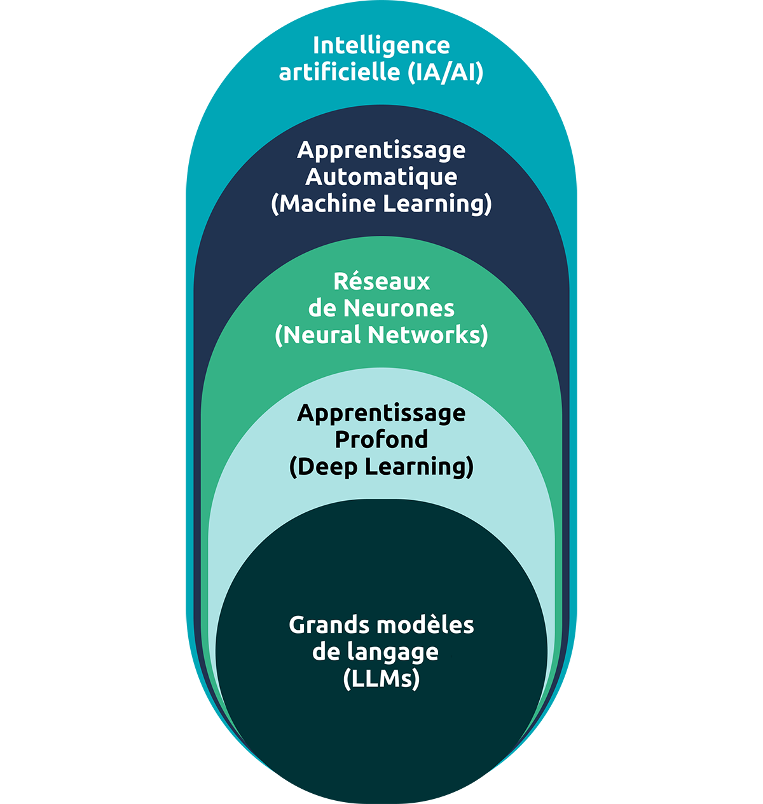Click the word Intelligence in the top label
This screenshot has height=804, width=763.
[381, 46]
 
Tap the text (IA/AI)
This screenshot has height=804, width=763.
[445, 72]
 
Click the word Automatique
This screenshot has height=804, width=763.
[381, 177]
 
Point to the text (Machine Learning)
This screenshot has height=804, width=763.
[381, 204]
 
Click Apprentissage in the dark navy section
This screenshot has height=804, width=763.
[381, 150]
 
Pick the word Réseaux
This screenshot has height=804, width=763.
[381, 281]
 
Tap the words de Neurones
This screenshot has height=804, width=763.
[381, 308]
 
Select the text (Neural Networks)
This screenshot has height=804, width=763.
[381, 335]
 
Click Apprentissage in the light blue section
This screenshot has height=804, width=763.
[381, 413]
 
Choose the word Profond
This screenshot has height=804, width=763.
[381, 440]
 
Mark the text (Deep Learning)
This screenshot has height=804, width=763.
[381, 467]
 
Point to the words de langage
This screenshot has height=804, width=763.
[375, 653]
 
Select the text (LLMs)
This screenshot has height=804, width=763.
[381, 679]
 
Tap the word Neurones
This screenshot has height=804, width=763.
[399, 308]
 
